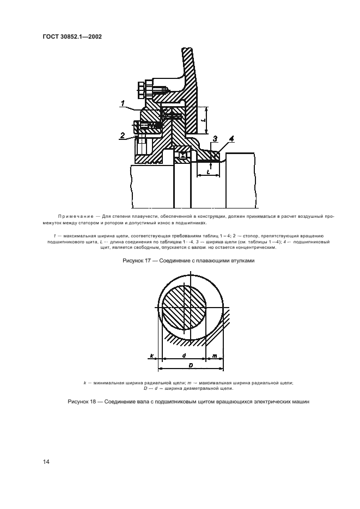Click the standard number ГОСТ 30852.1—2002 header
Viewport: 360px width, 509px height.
(73, 37)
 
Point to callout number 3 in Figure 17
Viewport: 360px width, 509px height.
(215, 139)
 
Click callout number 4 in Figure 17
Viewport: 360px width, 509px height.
(231, 139)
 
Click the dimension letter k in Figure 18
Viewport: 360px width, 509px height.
(152, 356)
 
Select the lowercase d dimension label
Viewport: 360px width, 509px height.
(185, 356)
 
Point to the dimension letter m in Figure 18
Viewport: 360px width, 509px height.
(215, 356)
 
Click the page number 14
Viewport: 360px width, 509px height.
(46, 462)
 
